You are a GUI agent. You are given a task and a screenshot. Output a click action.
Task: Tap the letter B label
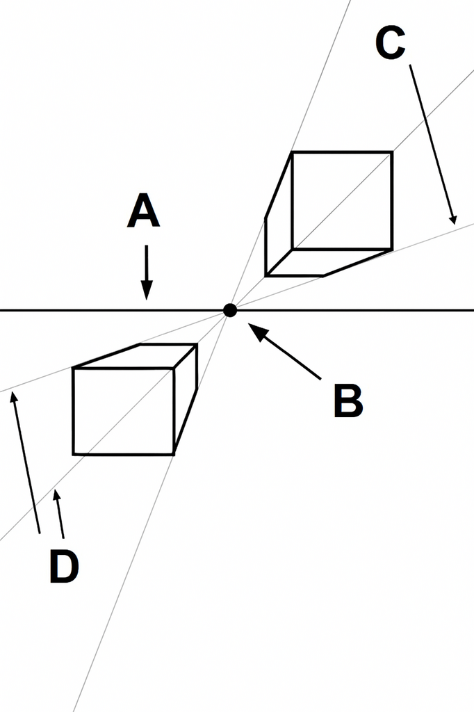pos(348,400)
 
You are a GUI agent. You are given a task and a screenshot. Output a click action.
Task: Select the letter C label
pos(391,42)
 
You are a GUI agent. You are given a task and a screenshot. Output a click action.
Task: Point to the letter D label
pos(64,566)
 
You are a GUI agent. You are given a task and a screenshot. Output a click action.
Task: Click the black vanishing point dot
pos(230,311)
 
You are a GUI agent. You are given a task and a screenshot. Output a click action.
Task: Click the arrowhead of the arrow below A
pos(146,290)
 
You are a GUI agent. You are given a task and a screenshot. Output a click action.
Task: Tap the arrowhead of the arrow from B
pos(257,330)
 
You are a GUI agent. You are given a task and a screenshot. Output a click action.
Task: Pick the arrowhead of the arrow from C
pos(452,218)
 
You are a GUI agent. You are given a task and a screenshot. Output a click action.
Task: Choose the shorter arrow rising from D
pos(59,514)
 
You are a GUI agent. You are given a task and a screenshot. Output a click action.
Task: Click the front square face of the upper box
pos(342,201)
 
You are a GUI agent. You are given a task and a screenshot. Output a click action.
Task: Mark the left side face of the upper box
pos(279,214)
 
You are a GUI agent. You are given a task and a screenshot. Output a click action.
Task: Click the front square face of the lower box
pos(124,411)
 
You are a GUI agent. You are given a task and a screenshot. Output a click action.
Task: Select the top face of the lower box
pos(136,356)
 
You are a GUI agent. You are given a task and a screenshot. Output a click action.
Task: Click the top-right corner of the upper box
pos(392,152)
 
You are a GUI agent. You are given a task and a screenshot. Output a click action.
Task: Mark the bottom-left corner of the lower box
pos(73,454)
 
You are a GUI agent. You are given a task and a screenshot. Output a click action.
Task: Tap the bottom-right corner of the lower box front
pos(174,454)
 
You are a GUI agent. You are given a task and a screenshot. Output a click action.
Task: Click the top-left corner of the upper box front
pos(293,152)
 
